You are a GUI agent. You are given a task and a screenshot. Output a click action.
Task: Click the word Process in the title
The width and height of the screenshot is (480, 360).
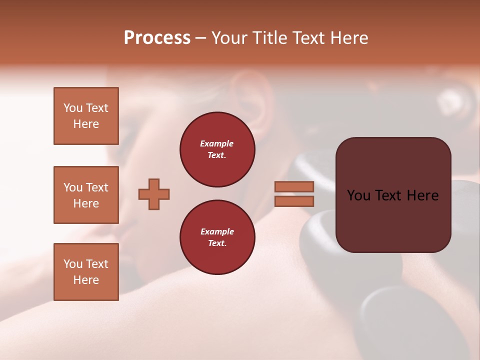click(x=157, y=38)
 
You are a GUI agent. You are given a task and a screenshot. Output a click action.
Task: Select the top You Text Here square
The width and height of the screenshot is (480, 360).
click(x=86, y=116)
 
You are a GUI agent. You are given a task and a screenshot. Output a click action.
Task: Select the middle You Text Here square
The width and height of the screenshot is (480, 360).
click(x=86, y=195)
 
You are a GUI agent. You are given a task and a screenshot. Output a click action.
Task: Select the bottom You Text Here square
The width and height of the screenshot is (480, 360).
click(x=86, y=272)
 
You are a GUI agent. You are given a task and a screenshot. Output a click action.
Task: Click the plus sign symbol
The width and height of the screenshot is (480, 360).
click(x=154, y=194)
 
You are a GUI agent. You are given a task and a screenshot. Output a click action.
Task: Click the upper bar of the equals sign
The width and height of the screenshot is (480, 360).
click(x=294, y=186)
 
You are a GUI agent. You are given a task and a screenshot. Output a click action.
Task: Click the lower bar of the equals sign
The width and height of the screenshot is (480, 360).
click(x=294, y=201)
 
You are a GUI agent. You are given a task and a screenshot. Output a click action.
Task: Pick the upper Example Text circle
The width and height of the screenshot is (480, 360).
click(x=217, y=149)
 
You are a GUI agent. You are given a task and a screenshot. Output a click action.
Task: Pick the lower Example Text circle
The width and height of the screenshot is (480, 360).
click(x=217, y=237)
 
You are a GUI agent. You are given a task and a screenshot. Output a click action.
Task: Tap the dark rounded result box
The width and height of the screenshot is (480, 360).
click(x=393, y=220)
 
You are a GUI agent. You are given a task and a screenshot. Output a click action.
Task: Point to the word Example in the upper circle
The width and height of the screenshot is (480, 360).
click(x=217, y=143)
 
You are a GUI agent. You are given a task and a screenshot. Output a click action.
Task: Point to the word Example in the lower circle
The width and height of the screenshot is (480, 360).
click(x=217, y=231)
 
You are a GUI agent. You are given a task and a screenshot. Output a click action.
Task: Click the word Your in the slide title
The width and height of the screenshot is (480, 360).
click(x=230, y=38)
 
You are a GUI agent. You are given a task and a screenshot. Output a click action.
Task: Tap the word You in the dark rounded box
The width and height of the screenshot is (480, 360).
click(x=359, y=195)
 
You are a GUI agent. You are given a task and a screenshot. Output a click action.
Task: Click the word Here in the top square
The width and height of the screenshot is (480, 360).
click(x=86, y=124)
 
